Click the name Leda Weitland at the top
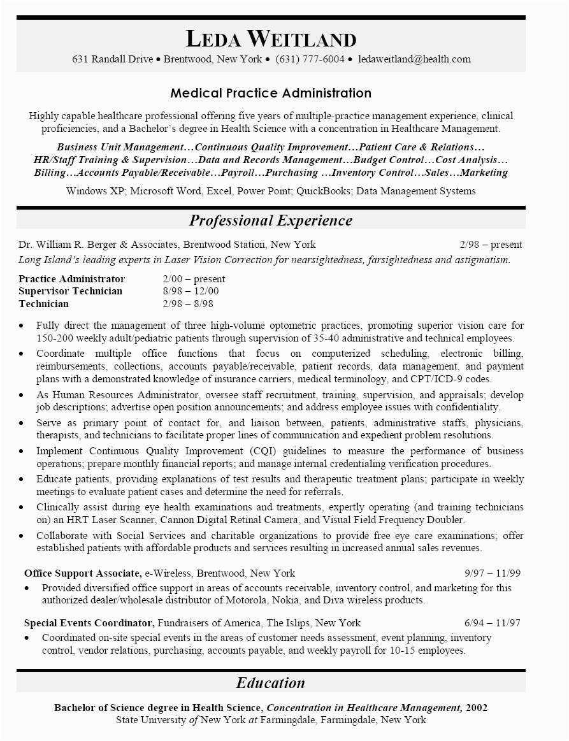(x=271, y=40)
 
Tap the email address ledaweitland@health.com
(x=414, y=59)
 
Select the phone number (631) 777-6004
(x=310, y=59)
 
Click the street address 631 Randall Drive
(x=113, y=59)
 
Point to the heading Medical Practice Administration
(x=271, y=93)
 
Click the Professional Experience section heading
(x=271, y=220)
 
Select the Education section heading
(x=271, y=683)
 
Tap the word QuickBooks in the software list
(x=324, y=191)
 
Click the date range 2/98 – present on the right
(x=490, y=245)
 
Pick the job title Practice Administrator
(x=72, y=279)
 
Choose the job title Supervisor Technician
(x=71, y=291)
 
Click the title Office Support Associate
(x=83, y=573)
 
